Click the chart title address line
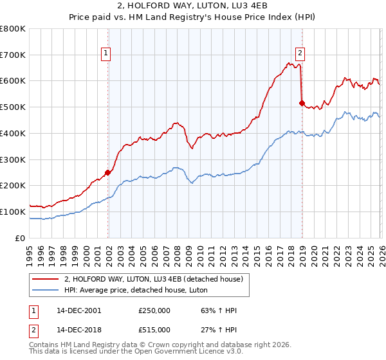point(192,6)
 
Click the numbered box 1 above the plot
point(106,54)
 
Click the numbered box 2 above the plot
point(300,54)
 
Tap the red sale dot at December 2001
point(108,172)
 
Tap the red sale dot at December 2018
point(302,103)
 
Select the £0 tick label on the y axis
point(21,238)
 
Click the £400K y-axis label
point(14,133)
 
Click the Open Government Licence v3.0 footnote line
point(121,353)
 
